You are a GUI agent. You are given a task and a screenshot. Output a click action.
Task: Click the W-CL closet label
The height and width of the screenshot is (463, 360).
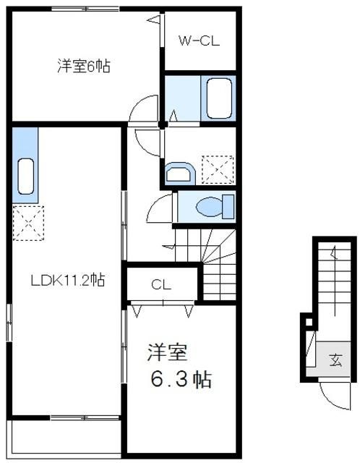click(x=199, y=41)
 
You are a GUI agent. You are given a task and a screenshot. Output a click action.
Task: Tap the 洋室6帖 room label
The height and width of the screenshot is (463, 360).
click(x=84, y=67)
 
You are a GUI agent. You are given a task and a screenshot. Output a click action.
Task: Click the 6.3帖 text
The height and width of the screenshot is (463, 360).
click(x=181, y=378)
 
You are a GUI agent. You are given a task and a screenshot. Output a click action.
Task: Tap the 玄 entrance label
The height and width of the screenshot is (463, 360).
click(x=337, y=359)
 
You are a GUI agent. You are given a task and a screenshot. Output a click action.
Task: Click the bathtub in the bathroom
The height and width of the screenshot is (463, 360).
click(x=218, y=98)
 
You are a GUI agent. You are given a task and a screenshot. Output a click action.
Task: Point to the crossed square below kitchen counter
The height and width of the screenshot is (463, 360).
click(x=28, y=221)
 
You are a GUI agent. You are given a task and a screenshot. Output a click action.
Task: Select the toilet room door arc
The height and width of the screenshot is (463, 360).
click(x=159, y=211)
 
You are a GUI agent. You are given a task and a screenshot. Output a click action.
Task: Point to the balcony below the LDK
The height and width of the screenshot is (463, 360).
click(x=65, y=434)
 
